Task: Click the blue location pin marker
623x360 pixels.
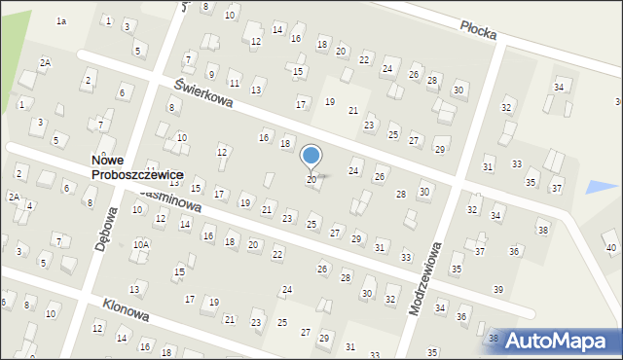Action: point(311,157)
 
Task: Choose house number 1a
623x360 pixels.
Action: point(61,20)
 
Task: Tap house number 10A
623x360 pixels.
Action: point(141,244)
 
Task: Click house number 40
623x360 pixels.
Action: point(610,248)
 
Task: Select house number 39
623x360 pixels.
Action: point(497,290)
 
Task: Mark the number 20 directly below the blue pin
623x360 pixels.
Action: point(311,179)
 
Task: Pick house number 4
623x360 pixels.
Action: point(30,205)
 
